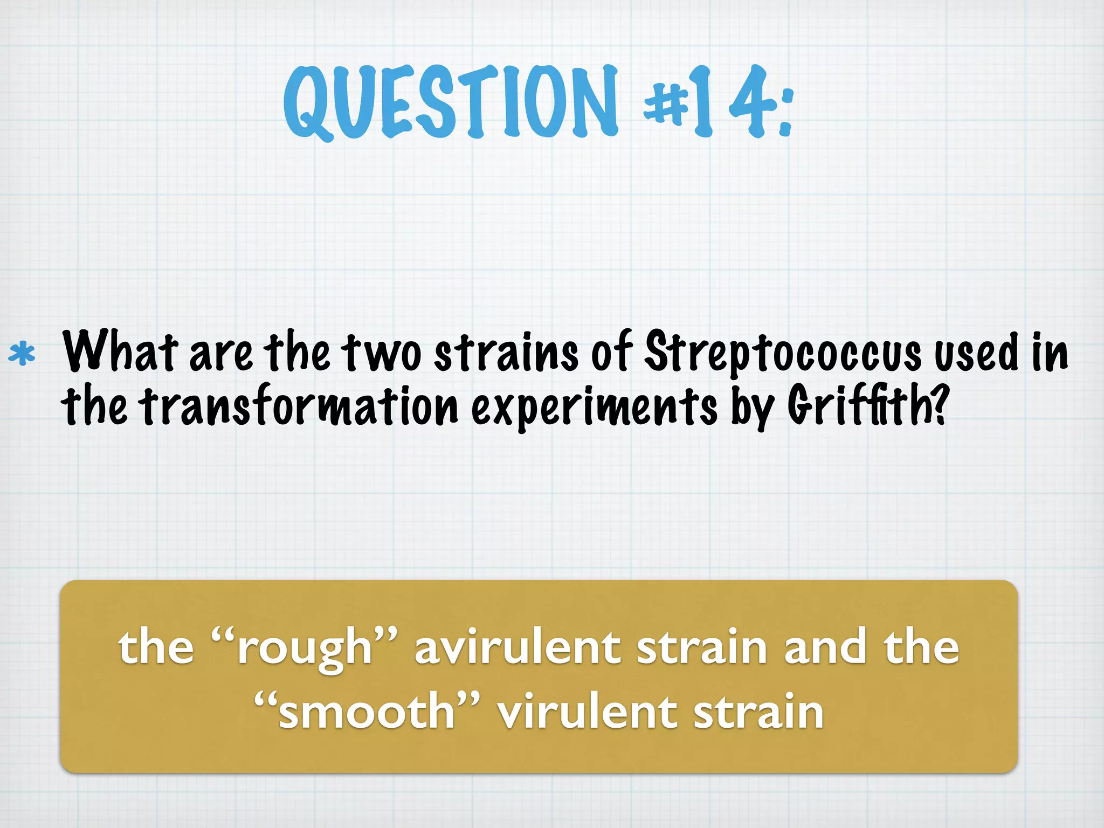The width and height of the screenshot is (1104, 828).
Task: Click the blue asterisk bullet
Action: (x=22, y=354)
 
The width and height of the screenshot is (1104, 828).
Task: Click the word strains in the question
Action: (x=506, y=353)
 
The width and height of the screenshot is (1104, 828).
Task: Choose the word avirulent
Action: (x=517, y=647)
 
